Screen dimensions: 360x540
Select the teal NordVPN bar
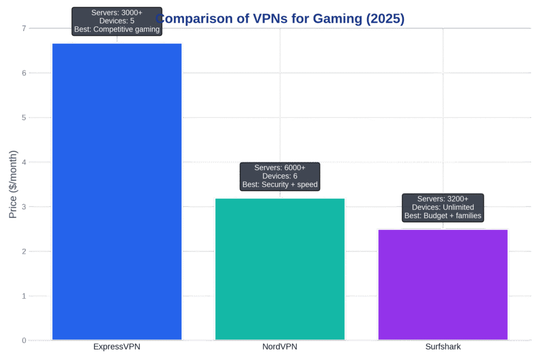279,268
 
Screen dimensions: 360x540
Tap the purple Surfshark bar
442,284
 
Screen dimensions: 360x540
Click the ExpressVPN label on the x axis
117,347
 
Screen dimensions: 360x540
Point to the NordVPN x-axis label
279,347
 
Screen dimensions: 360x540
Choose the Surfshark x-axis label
442,347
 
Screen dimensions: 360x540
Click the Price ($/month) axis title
14,184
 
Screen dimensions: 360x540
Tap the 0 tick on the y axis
24,340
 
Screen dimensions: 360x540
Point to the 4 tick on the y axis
24,162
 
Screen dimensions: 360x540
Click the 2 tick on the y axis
24,251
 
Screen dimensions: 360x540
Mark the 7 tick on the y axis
24,28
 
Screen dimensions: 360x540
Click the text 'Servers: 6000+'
279,167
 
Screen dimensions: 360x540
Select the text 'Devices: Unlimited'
442,207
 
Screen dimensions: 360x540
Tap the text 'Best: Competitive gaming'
117,30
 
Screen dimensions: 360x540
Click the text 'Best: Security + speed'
279,185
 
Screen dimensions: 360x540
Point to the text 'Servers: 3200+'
442,199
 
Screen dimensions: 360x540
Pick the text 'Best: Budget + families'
442,216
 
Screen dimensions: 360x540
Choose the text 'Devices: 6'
279,176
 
